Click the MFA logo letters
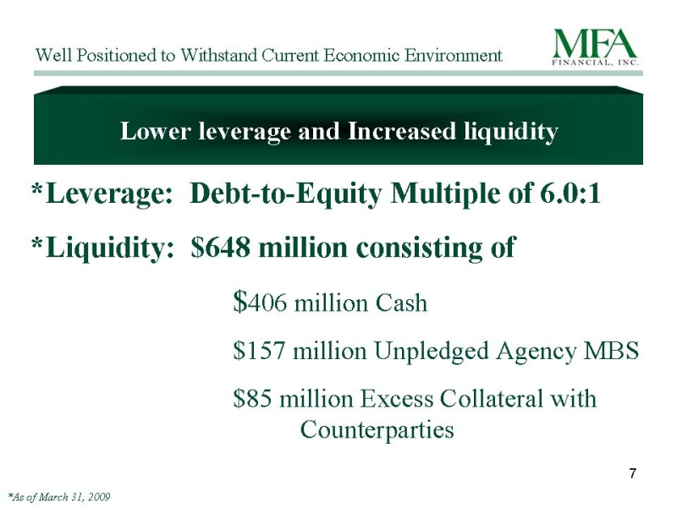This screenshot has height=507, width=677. (595, 44)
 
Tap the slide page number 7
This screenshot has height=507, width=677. (632, 473)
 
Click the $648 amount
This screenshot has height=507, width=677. (220, 248)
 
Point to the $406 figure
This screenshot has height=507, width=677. (260, 302)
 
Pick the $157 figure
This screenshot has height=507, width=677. (259, 350)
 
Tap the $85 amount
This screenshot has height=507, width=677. (252, 398)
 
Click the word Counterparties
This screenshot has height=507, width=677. (377, 430)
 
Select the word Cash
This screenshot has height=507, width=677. (401, 303)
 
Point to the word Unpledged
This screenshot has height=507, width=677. (432, 352)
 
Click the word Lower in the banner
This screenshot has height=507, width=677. (156, 131)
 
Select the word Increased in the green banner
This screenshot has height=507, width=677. (401, 131)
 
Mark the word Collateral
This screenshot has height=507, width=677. (491, 398)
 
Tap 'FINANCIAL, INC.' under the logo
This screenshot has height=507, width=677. (596, 63)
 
